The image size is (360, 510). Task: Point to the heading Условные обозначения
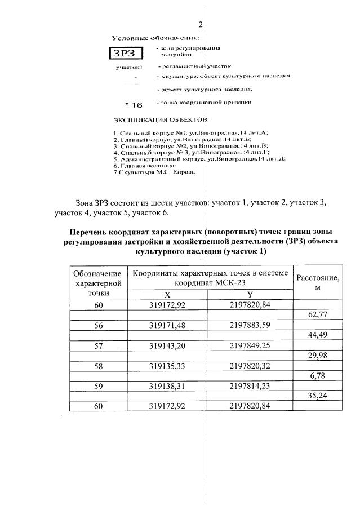tap(155, 38)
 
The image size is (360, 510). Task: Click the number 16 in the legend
tap(137, 105)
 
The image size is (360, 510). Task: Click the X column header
tap(167, 294)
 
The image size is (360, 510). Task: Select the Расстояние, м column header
tap(318, 282)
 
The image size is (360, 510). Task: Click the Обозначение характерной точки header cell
tap(98, 282)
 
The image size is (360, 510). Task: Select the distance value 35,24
tap(319, 396)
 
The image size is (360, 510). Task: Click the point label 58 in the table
tap(98, 365)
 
